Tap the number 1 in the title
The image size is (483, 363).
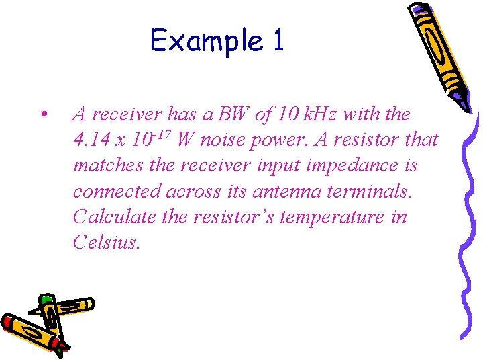tap(278, 40)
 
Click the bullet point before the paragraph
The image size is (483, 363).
tap(43, 115)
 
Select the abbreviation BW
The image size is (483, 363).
tap(233, 114)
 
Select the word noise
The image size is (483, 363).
tap(223, 140)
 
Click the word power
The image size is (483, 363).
tap(275, 140)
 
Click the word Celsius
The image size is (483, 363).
tap(106, 242)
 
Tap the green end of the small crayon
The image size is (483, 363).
tap(46, 300)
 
